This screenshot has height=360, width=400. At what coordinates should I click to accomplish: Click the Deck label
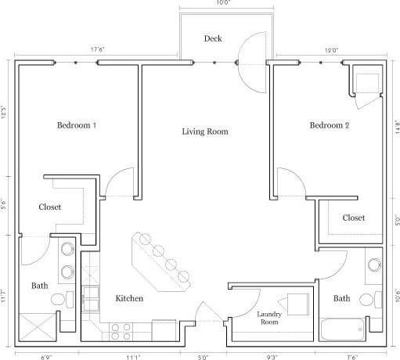click(213, 38)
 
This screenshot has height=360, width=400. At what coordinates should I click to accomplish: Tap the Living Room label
click(204, 131)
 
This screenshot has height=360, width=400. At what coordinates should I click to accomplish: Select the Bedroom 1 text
click(76, 125)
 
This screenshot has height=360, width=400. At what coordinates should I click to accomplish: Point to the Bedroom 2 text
click(329, 125)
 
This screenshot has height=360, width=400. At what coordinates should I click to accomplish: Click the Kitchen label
click(128, 298)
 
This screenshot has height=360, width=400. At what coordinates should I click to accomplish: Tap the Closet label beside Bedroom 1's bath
click(50, 207)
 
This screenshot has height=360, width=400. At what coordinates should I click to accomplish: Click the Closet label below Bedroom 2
click(354, 218)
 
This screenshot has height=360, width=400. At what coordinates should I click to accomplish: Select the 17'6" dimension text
click(98, 49)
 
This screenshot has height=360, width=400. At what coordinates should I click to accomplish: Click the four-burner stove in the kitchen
click(120, 332)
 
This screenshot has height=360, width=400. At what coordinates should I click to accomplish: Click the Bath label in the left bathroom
click(39, 286)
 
